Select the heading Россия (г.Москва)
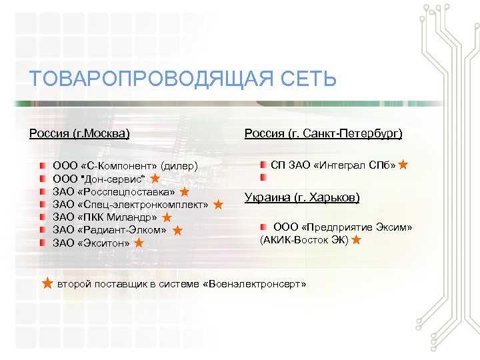[x=79, y=133]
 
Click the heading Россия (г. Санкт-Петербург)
[x=323, y=133]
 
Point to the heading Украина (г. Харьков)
[x=302, y=197]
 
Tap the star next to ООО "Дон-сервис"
[x=154, y=178]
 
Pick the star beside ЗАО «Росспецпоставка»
[x=185, y=191]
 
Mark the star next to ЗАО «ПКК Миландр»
[x=167, y=217]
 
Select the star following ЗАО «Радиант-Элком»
[x=177, y=230]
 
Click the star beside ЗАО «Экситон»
[x=139, y=243]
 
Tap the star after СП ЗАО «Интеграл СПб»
[x=403, y=164]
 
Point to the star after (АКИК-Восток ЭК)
[x=356, y=239]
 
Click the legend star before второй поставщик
[x=47, y=284]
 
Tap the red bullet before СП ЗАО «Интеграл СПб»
[x=264, y=164]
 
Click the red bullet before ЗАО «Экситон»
[x=43, y=243]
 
